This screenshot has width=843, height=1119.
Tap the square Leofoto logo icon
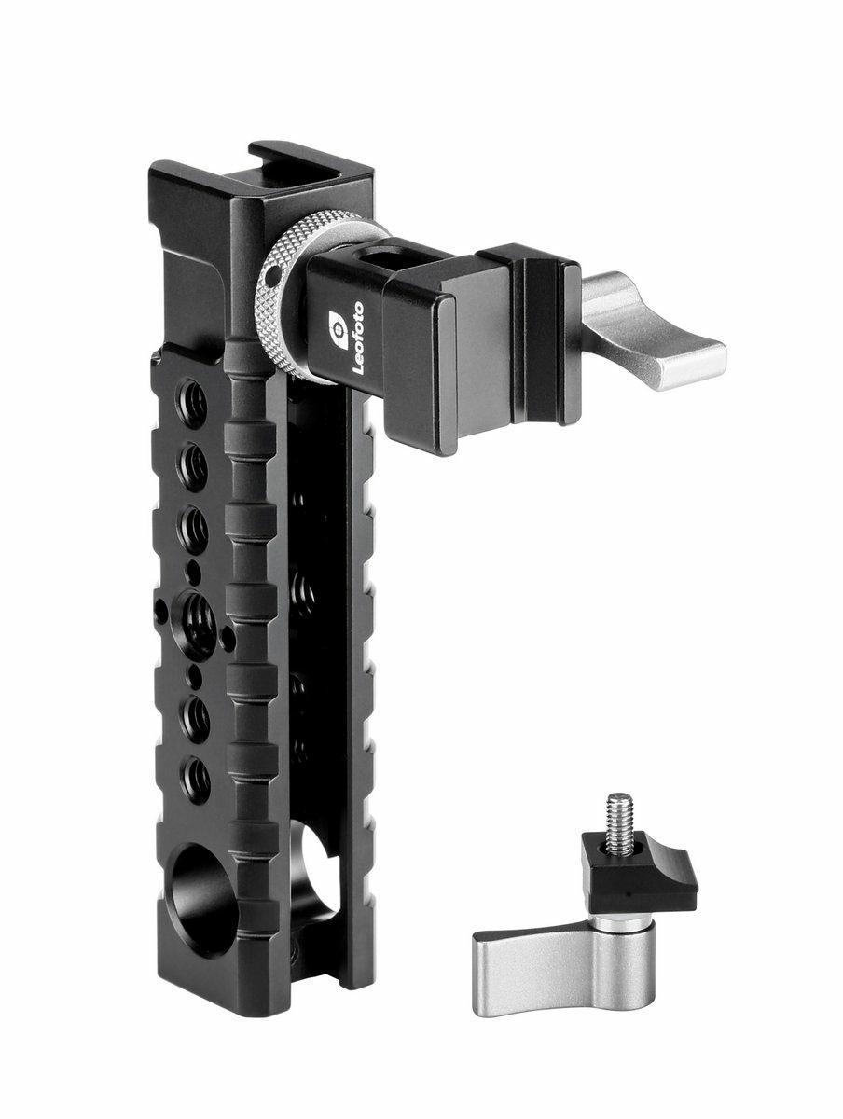339,330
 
